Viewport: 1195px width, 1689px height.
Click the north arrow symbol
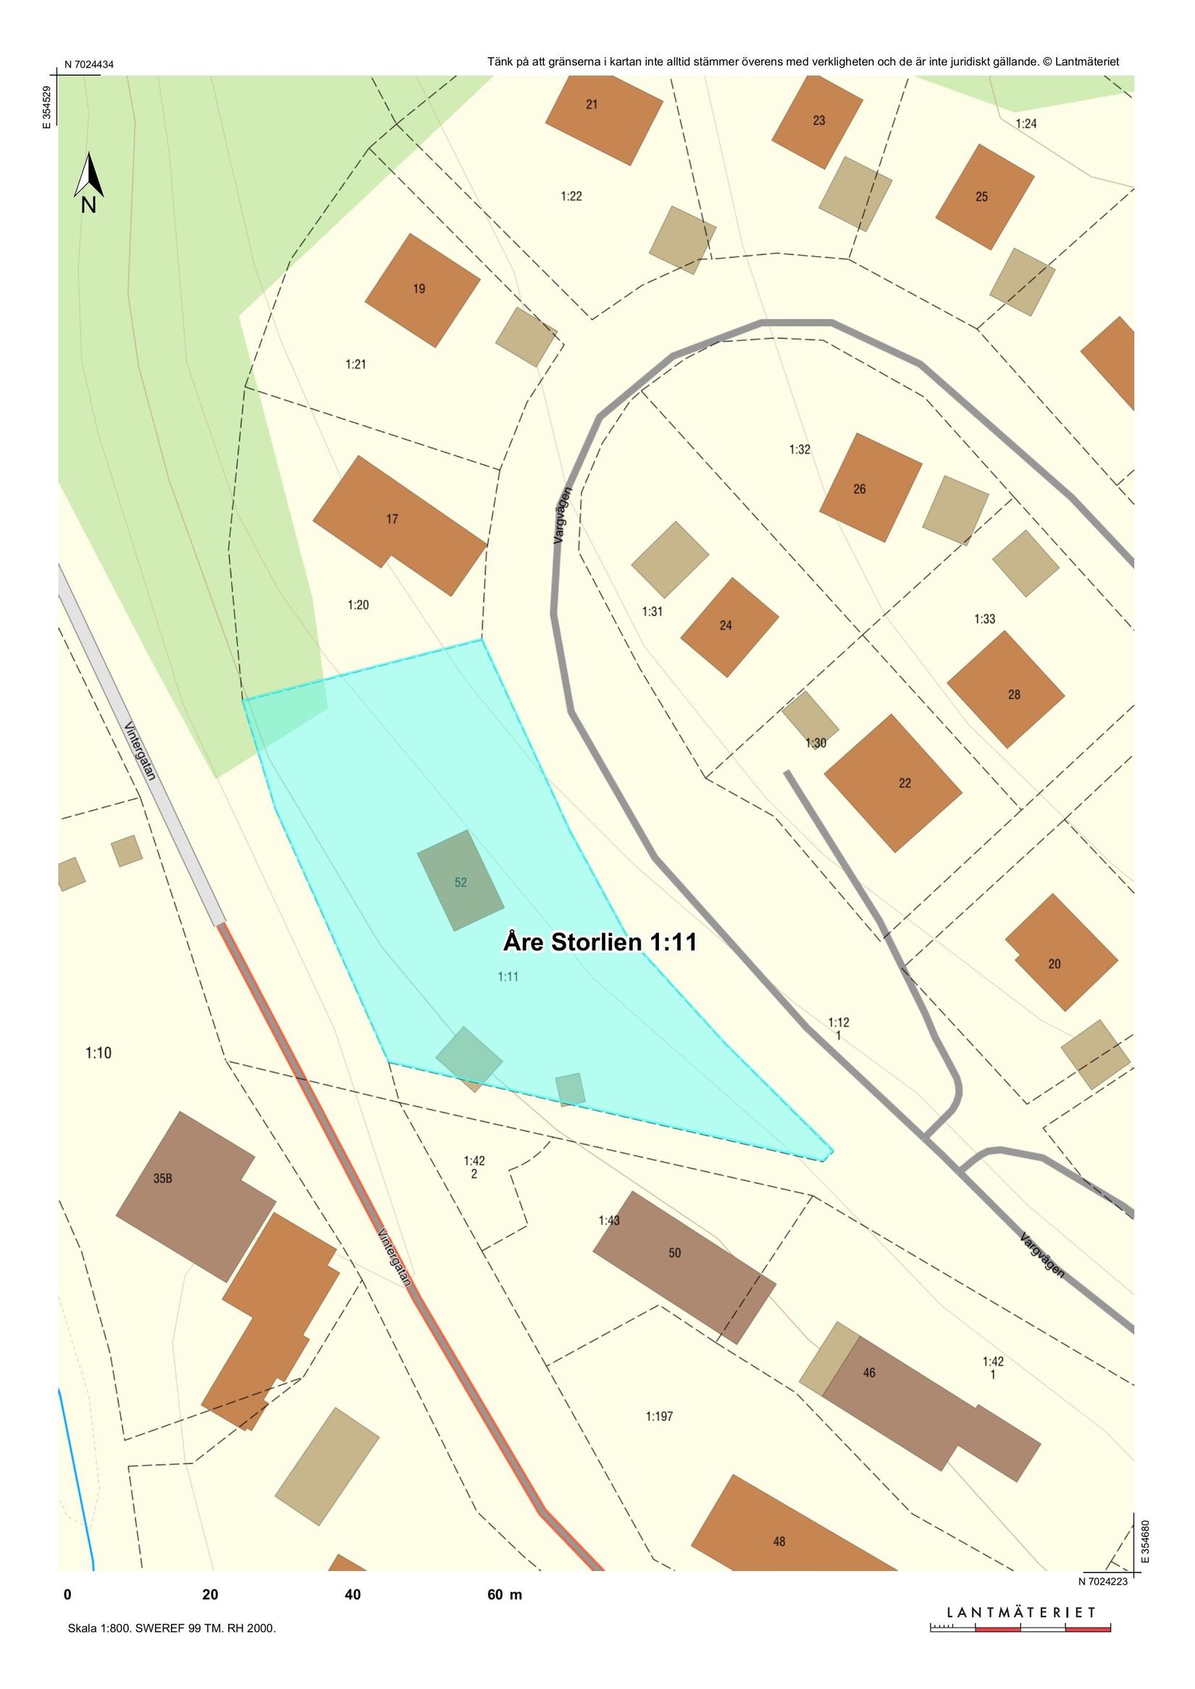tap(88, 181)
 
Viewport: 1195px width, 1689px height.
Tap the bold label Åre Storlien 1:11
tap(600, 943)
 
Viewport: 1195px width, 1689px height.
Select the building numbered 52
tap(461, 881)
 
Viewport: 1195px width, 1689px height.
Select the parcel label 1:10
tap(98, 1053)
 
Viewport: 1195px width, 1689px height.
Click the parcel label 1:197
tap(659, 1416)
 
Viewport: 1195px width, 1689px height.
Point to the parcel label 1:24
tap(1026, 124)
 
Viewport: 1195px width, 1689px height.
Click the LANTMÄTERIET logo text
tap(1020, 1612)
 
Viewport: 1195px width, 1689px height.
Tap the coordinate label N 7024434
tap(89, 64)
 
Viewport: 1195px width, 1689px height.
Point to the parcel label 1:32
tap(800, 450)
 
